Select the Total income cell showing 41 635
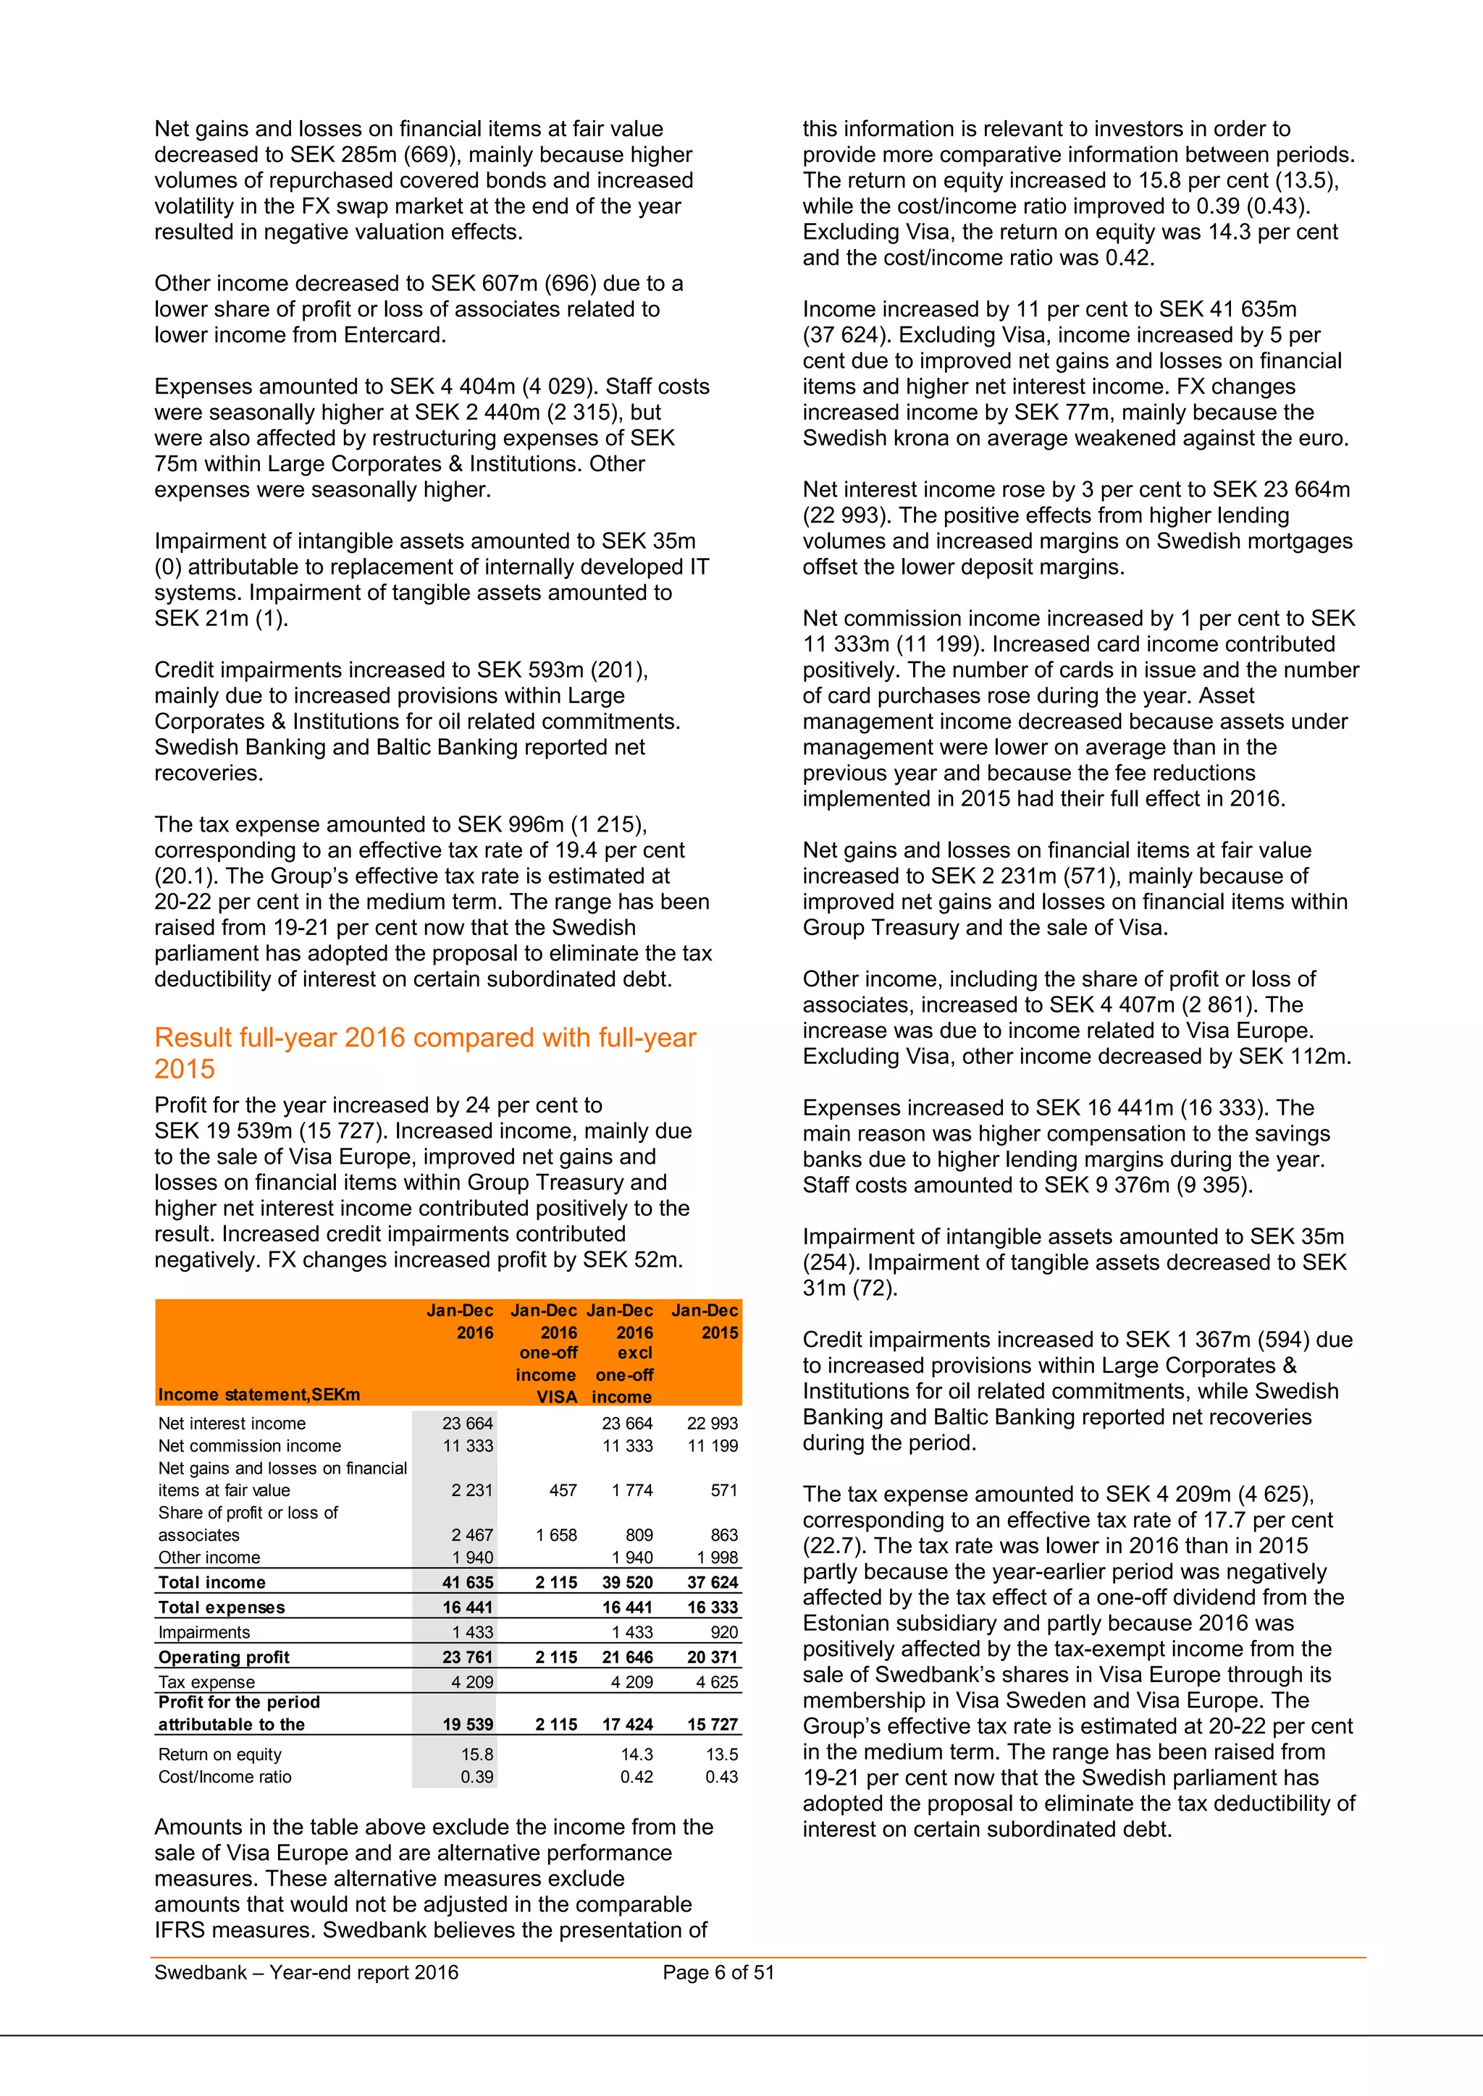[x=468, y=1582]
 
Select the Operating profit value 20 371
[x=713, y=1657]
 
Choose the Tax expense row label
[x=206, y=1681]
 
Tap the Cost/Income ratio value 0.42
[x=637, y=1777]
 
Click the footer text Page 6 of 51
[x=718, y=1972]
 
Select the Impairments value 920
[x=723, y=1632]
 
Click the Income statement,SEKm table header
[x=259, y=1394]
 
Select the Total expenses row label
[x=221, y=1607]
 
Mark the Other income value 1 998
[x=717, y=1558]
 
